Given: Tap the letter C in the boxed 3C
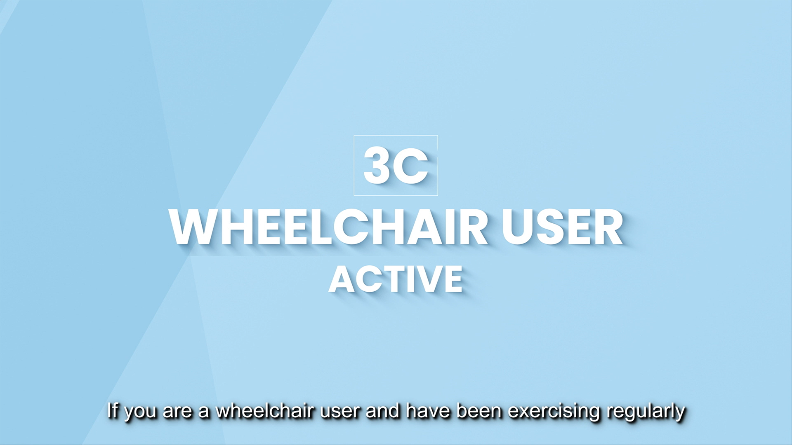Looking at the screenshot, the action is click(410, 166).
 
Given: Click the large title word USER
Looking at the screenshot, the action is click(562, 227).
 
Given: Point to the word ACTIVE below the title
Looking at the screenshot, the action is click(396, 279).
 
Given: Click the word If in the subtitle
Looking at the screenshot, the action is click(113, 410).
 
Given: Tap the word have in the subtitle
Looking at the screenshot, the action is click(428, 410).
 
